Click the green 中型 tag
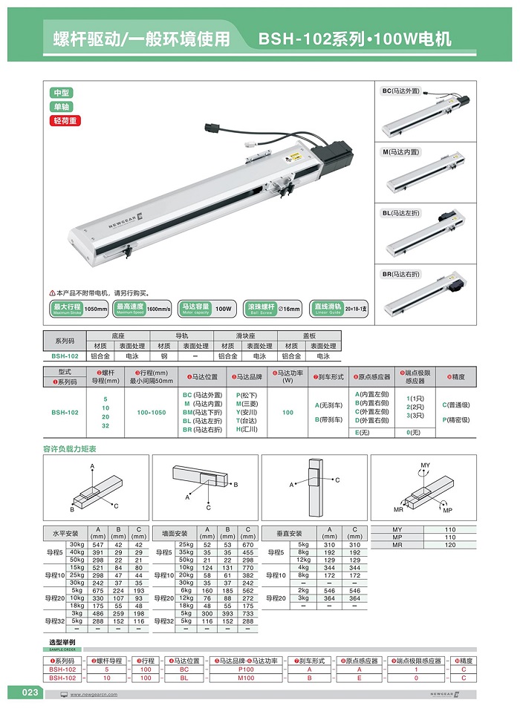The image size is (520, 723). pos(62,93)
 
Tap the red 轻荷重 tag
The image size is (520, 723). pos(65,120)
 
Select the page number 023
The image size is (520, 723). pos(30,693)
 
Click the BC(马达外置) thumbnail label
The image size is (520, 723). pos(401,91)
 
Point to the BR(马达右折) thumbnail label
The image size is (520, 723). pos(401,274)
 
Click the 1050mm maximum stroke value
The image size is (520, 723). pos(96,309)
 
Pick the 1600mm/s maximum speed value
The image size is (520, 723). pos(158,309)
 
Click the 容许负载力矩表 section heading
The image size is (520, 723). pos(70,449)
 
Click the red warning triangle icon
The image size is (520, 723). pos(52,293)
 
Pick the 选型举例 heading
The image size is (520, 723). pos(62,641)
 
